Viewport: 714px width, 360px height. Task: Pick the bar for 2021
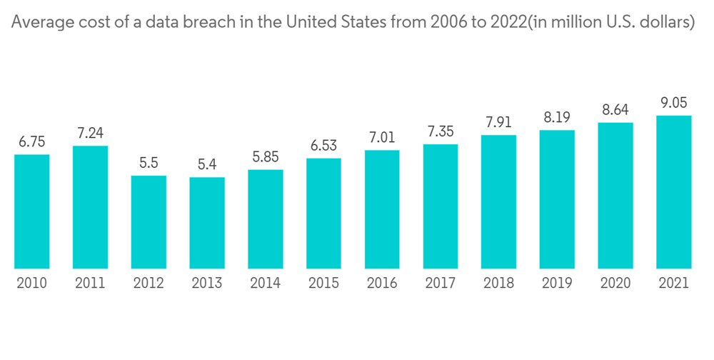(674, 192)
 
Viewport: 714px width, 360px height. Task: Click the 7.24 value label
(90, 132)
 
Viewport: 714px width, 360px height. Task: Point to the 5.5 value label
(149, 162)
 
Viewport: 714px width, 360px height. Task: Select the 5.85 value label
(266, 156)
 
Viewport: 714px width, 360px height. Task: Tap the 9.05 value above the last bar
(674, 102)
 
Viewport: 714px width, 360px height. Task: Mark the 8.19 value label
(557, 117)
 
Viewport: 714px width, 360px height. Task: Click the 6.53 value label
(323, 145)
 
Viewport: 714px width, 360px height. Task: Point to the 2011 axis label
(90, 284)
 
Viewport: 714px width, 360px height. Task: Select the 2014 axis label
(266, 284)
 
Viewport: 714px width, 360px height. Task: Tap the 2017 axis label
(441, 284)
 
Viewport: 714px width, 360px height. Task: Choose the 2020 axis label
(615, 284)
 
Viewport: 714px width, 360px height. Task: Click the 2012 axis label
(149, 284)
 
